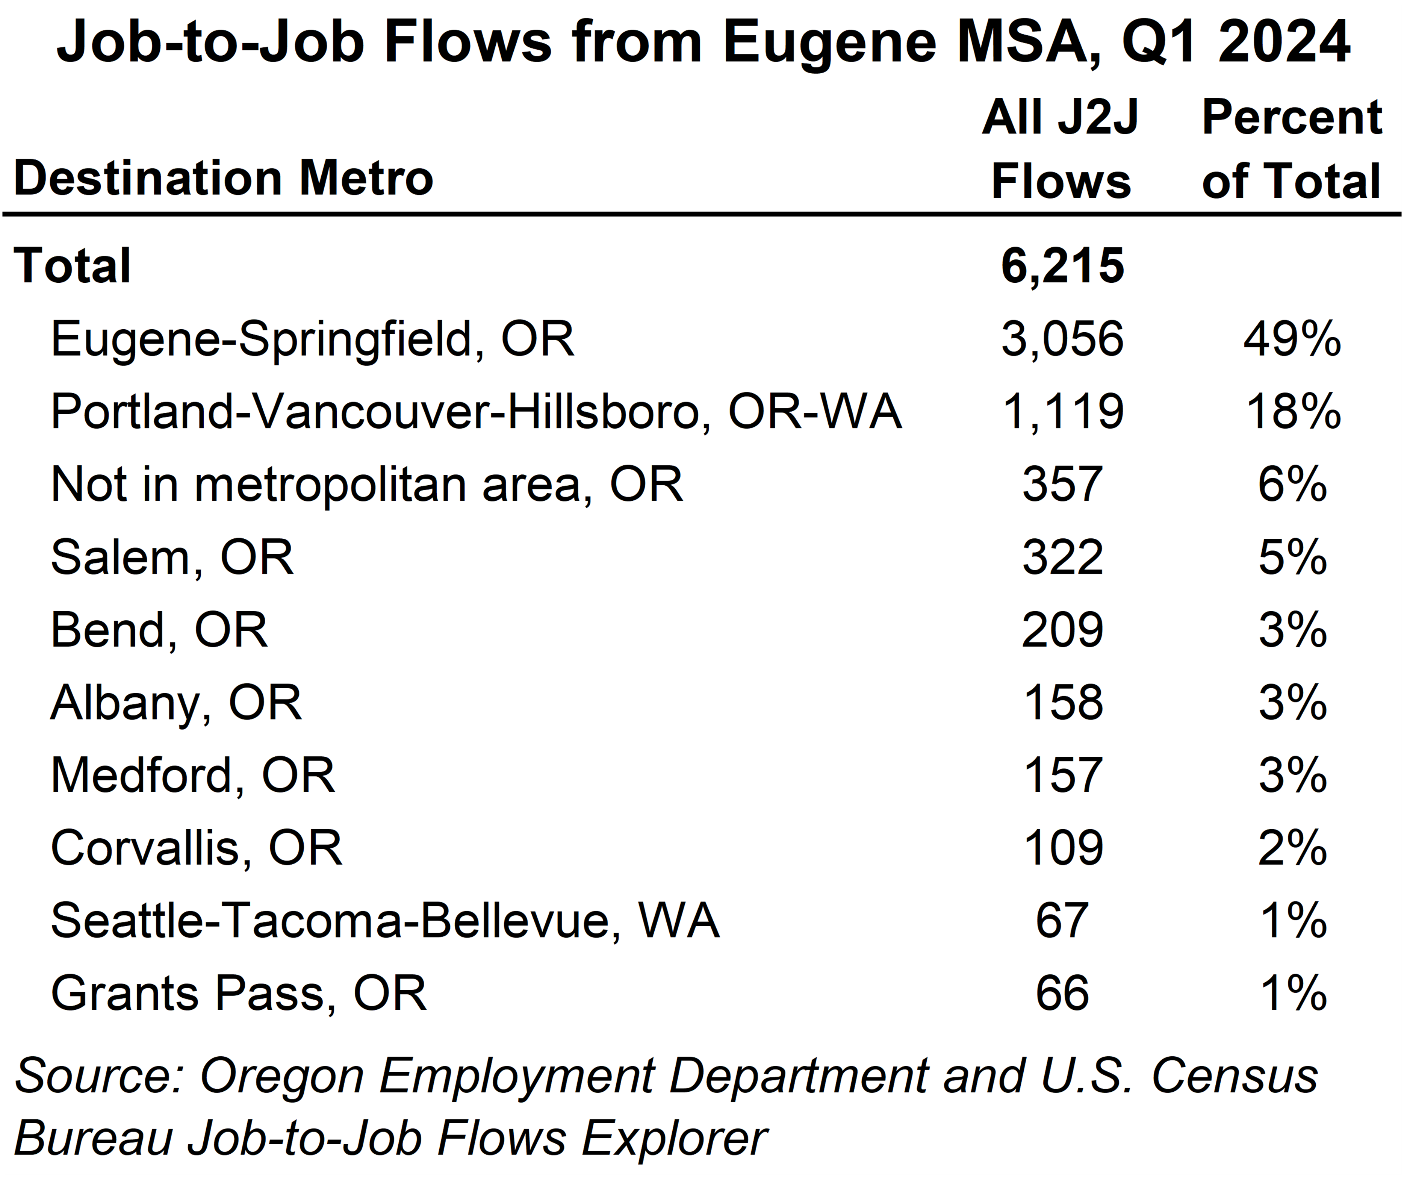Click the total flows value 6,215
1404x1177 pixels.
click(1062, 266)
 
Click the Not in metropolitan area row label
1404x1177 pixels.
click(366, 485)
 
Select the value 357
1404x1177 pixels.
click(1062, 485)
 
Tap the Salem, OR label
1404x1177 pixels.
click(172, 558)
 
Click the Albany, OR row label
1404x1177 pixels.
click(176, 703)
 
